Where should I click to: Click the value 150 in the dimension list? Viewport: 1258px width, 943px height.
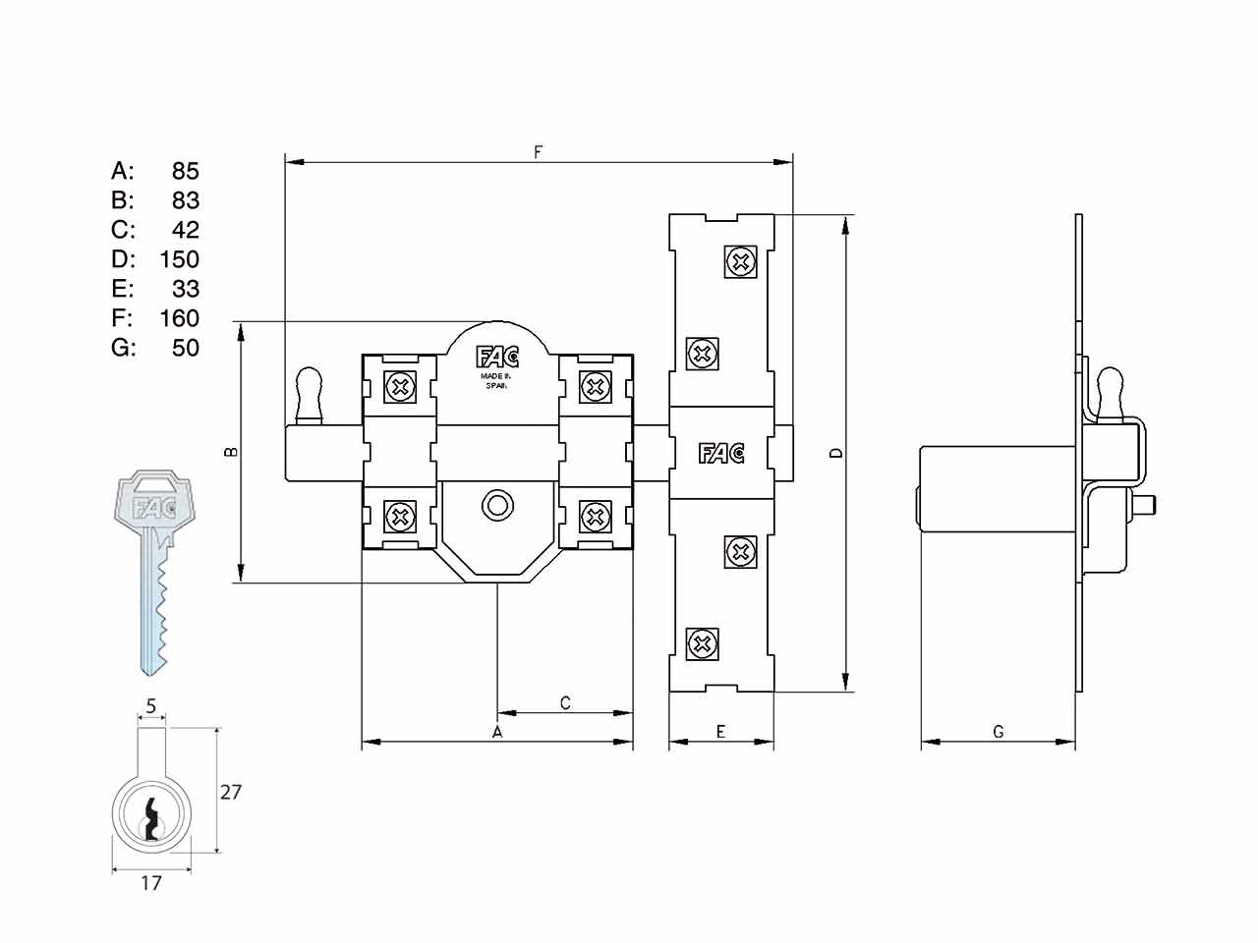180,259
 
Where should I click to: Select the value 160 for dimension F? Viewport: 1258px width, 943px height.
180,318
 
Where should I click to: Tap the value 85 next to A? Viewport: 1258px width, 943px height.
186,171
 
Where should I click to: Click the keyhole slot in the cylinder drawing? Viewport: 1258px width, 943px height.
151,820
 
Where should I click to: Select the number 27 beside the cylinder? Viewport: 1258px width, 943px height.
231,792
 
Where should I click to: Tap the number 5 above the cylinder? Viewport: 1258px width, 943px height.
151,706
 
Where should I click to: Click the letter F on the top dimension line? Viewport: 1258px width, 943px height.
538,152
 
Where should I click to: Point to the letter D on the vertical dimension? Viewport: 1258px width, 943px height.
836,453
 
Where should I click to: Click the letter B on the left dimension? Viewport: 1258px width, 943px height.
231,452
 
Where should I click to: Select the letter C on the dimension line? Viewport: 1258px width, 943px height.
565,703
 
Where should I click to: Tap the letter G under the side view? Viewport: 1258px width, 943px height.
999,732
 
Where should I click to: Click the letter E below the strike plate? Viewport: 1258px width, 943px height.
721,732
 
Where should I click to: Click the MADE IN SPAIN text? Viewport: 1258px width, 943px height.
495,381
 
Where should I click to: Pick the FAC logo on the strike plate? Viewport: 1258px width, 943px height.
721,454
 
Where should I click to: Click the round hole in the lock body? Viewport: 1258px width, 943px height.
497,505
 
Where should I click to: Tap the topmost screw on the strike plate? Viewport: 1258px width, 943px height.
740,262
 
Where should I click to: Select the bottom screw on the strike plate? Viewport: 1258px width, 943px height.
702,643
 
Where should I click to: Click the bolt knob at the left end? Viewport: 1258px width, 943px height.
309,395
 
